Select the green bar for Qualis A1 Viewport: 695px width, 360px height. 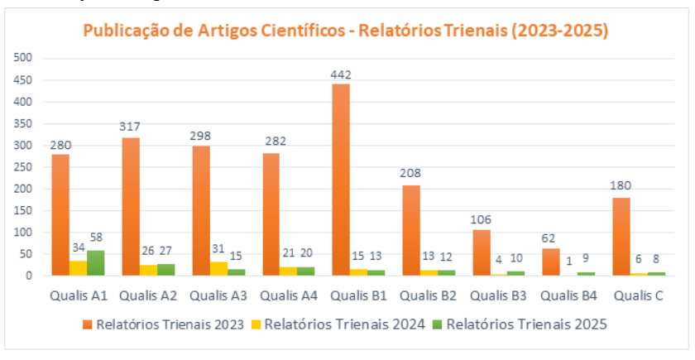(x=96, y=263)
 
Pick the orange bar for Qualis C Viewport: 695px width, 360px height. (x=621, y=237)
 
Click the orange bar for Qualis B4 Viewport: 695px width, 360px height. (x=551, y=262)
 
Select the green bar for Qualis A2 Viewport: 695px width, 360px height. (x=166, y=270)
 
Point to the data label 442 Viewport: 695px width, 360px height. (x=341, y=74)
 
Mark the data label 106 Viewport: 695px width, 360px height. (x=481, y=219)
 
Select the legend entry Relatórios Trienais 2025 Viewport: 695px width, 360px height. (x=527, y=324)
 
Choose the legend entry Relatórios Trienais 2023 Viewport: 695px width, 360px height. (x=170, y=324)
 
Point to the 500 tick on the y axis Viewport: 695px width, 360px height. (x=22, y=58)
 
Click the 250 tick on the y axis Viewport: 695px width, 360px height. (x=22, y=167)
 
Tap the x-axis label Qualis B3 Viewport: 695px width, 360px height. (x=503, y=295)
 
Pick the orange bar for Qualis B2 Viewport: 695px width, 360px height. (x=411, y=231)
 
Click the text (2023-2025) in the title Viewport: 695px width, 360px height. (x=559, y=31)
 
